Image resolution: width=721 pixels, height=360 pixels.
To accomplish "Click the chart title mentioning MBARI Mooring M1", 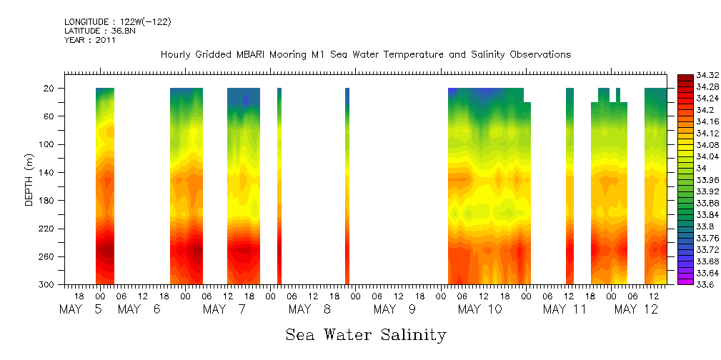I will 365,54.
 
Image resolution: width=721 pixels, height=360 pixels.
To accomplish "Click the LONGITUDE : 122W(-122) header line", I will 117,22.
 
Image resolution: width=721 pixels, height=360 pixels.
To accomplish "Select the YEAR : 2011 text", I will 89,40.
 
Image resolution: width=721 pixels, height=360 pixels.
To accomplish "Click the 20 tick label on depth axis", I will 50,89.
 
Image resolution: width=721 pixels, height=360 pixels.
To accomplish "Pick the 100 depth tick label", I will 48,144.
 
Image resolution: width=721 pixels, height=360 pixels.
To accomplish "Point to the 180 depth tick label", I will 48,201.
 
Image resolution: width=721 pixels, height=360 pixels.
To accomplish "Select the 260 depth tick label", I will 48,256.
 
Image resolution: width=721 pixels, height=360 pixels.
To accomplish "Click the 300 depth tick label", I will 48,284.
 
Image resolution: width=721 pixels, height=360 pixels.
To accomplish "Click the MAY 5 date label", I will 81,309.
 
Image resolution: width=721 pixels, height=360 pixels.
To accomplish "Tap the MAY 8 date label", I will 310,309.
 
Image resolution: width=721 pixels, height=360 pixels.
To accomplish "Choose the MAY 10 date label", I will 479,309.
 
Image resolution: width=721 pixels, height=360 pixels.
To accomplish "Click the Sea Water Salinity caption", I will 366,334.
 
